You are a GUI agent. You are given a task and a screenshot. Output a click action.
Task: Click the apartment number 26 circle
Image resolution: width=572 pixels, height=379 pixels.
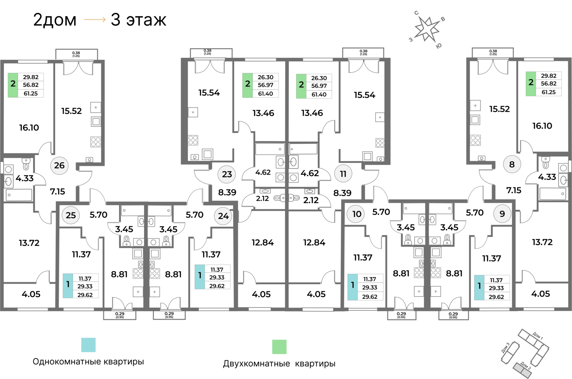[59, 165]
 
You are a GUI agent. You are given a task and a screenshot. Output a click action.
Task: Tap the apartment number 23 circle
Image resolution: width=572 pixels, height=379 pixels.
[227, 174]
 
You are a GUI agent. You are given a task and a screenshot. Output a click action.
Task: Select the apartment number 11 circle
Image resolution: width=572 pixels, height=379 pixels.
[343, 174]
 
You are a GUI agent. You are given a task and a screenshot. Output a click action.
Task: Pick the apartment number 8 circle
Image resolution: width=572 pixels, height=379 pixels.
[512, 164]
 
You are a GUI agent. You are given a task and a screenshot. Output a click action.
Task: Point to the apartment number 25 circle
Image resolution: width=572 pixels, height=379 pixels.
[71, 215]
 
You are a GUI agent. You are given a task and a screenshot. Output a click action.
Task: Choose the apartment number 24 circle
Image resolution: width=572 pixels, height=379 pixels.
[223, 216]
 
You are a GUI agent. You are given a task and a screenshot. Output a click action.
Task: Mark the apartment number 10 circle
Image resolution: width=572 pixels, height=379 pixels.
[356, 214]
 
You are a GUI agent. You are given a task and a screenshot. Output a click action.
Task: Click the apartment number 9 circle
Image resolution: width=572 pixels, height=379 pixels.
[502, 214]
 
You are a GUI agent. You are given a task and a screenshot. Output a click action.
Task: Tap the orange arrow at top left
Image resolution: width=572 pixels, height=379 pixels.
[95, 20]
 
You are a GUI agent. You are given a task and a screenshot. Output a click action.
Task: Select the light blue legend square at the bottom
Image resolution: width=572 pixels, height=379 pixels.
[89, 345]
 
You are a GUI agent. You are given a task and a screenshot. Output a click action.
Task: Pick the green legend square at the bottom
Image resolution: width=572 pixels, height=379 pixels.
[279, 347]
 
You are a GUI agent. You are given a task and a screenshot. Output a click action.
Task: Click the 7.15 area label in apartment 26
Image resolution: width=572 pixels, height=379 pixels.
[58, 192]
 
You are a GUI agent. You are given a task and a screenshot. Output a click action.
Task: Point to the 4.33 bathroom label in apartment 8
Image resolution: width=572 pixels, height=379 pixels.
[547, 177]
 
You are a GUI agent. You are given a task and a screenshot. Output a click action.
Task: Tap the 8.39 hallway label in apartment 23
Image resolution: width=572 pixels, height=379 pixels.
[227, 192]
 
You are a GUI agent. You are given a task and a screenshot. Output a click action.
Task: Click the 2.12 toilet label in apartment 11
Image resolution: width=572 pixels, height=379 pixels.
[311, 200]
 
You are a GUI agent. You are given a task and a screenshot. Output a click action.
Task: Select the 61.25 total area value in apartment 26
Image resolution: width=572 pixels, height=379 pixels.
[31, 93]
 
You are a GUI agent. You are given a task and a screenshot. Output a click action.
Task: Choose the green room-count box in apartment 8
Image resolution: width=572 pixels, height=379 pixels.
[531, 84]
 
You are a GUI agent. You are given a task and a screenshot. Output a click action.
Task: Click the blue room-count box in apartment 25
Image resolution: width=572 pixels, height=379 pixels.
[68, 286]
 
